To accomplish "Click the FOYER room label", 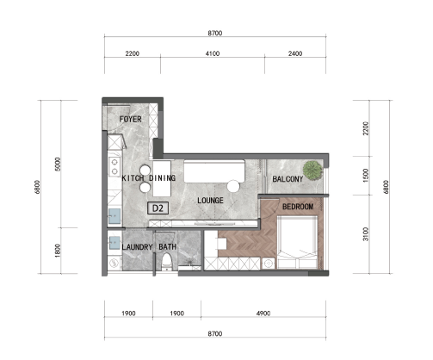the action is point(130,119).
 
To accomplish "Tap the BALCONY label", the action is point(288,179).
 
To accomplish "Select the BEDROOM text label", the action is point(298,207).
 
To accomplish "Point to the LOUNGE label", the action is point(210,200).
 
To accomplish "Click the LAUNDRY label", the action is point(137,247).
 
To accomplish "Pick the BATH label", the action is point(168,246).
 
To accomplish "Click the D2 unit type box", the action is point(158,208).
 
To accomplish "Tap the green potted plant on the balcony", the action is point(312,170).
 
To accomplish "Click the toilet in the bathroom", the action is point(166,262).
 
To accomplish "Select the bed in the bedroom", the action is point(297,242).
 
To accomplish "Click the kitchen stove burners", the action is point(114,167).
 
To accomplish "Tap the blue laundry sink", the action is point(114,243).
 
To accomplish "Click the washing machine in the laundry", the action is point(114,264).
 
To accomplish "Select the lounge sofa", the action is point(214,171).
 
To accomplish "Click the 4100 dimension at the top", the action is point(213,53).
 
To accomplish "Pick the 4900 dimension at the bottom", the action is point(263,313).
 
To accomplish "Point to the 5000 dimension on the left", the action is point(58,164).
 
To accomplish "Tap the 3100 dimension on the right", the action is point(365,234).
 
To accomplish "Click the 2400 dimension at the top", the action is point(295,53).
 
